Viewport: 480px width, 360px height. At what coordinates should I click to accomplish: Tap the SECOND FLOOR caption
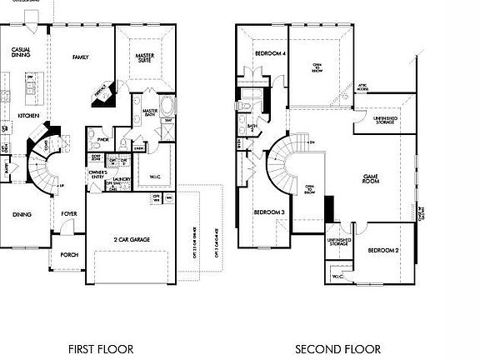click(x=337, y=349)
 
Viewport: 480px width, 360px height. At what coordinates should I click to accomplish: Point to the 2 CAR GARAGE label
click(x=132, y=239)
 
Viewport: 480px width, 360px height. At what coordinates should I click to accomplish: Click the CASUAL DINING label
click(x=21, y=52)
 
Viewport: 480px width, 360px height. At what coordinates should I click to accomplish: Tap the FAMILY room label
click(x=80, y=57)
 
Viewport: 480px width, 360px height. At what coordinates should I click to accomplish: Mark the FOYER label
click(x=69, y=213)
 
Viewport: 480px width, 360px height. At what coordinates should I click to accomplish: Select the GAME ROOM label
click(x=372, y=179)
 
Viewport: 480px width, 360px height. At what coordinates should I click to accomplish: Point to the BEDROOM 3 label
click(x=269, y=212)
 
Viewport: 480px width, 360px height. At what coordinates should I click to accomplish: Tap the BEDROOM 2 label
click(x=383, y=250)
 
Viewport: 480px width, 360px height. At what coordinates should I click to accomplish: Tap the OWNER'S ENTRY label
click(x=97, y=175)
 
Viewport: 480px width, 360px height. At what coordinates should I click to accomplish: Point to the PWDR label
click(x=103, y=139)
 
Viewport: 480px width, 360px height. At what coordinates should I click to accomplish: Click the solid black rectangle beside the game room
click(x=328, y=206)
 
